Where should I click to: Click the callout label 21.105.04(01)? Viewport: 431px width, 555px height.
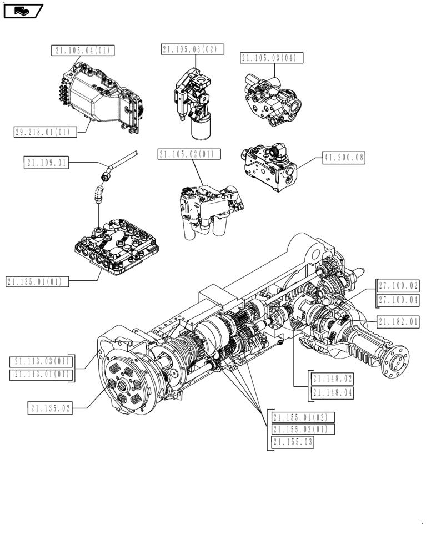click(83, 51)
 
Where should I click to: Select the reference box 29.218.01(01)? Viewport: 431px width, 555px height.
click(43, 132)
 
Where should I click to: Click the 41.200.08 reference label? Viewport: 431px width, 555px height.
click(344, 158)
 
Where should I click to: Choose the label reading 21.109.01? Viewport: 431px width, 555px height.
click(46, 163)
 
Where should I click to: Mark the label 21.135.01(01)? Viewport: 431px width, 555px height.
click(37, 281)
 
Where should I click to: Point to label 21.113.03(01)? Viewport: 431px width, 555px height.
click(42, 361)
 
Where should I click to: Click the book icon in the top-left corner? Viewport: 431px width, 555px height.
click(23, 11)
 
